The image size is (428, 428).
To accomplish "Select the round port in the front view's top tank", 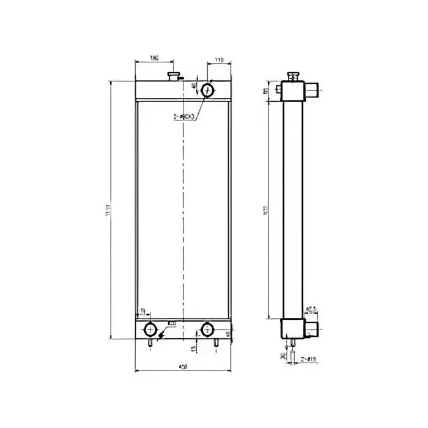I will [208, 90].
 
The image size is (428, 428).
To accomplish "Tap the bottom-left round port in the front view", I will [149, 330].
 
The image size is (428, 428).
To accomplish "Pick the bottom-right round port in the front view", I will [207, 330].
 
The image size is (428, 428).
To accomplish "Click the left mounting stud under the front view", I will [150, 343].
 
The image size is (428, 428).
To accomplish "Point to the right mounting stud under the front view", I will [215, 343].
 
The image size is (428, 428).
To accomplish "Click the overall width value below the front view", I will [182, 366].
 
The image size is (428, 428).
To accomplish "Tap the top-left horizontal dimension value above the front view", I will [153, 58].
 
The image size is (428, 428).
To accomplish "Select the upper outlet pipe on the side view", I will [313, 90].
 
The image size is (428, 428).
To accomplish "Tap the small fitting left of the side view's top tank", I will [279, 90].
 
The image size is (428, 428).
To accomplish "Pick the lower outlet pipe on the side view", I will [312, 330].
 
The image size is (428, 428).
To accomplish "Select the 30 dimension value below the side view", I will [282, 356].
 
